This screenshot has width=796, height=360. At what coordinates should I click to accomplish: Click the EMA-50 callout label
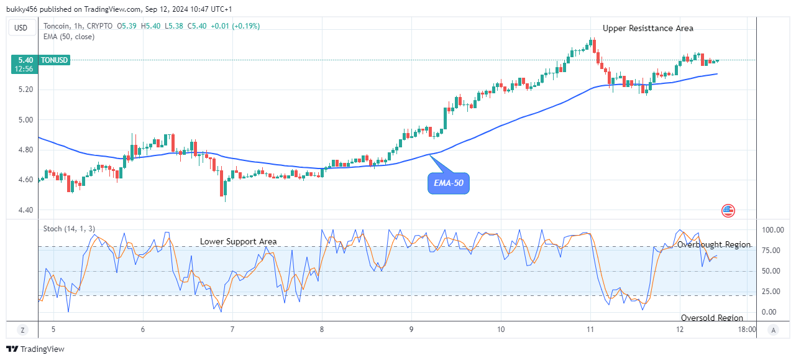[448, 183]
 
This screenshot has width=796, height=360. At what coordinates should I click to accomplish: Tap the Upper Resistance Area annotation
[647, 28]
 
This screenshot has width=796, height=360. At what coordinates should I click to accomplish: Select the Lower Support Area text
[238, 241]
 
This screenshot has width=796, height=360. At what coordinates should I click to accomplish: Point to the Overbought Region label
[713, 245]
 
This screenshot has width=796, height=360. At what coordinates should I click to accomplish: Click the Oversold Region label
[711, 318]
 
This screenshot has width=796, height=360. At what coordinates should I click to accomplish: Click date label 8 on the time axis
[322, 330]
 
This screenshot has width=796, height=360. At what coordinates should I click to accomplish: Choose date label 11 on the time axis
[590, 330]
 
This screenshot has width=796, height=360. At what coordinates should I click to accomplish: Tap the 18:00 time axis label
[746, 330]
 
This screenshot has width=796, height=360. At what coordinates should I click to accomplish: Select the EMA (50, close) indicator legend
[70, 36]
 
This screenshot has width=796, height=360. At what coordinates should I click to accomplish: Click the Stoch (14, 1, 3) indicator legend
[69, 229]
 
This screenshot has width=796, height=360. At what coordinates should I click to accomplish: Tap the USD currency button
[21, 27]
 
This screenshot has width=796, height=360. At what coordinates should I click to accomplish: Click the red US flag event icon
[728, 210]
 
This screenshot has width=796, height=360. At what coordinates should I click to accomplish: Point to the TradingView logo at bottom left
[35, 349]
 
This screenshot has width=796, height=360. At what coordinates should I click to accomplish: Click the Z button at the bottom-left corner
[22, 330]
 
